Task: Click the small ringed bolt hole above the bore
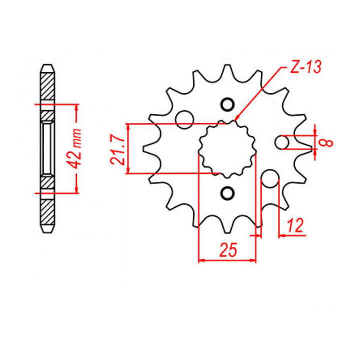click(x=227, y=105)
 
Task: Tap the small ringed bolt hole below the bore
click(x=227, y=193)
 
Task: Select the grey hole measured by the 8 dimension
click(x=283, y=142)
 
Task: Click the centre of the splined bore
click(x=227, y=148)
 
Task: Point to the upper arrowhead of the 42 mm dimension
click(x=76, y=106)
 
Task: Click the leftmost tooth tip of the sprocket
click(x=143, y=149)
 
